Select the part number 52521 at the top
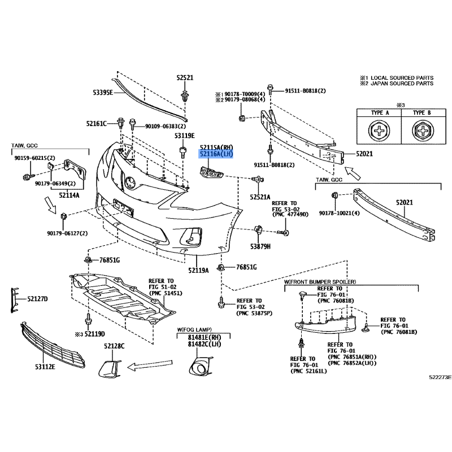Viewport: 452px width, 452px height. click(x=185, y=78)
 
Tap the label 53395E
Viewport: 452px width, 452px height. click(x=102, y=92)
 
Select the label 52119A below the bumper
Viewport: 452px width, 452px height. click(x=199, y=270)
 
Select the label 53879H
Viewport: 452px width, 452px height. click(x=261, y=246)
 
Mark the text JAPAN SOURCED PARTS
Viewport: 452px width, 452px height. click(x=399, y=84)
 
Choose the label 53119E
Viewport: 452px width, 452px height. click(x=184, y=136)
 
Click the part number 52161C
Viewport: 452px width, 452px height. click(x=97, y=123)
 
